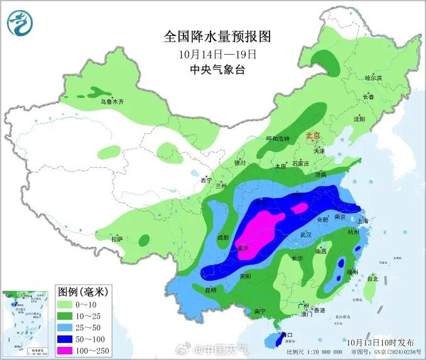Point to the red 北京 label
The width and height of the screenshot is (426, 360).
(312, 136)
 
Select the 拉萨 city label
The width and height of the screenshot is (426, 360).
(116, 239)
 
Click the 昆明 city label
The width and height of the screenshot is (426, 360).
(210, 290)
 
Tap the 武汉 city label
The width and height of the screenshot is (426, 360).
(307, 234)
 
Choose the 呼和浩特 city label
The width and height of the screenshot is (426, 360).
(278, 138)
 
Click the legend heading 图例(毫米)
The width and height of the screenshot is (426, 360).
(83, 292)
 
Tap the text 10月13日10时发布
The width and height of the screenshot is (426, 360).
(380, 342)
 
